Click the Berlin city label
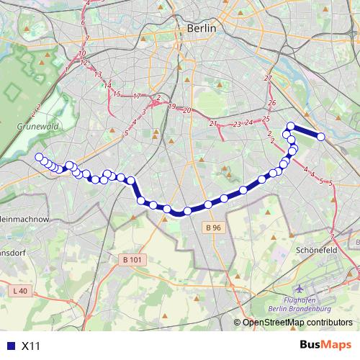coord(201,28)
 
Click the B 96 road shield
coord(211,228)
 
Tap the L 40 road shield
coord(20,290)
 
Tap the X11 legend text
coord(31,346)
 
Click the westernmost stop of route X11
coord(39,157)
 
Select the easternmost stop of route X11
coord(321,137)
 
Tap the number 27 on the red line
coord(268,78)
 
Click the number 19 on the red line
coord(171,106)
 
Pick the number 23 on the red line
coord(236,125)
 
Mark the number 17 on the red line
coord(136,96)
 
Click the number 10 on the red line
coord(83,53)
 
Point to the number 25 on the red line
coord(266,118)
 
